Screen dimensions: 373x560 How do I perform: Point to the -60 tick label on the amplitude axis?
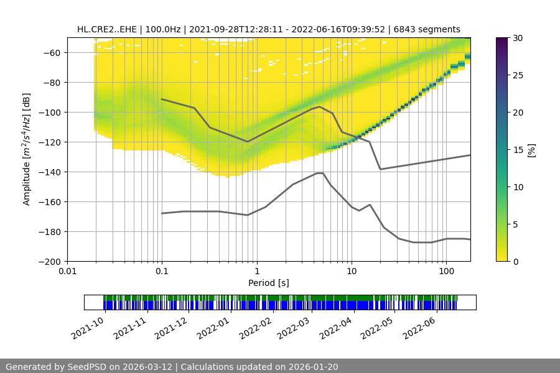pos(51,53)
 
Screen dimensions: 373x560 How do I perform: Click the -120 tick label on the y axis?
pos(49,142)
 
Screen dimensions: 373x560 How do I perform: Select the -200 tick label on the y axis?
pos(49,262)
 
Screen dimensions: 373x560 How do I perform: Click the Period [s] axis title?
pos(269,283)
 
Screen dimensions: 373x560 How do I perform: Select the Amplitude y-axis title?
pos(27,149)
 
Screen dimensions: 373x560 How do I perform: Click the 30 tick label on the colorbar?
pos(517,38)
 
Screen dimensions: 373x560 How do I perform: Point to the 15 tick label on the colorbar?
pos(517,150)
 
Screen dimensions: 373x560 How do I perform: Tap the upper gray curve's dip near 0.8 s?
pos(248,142)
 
